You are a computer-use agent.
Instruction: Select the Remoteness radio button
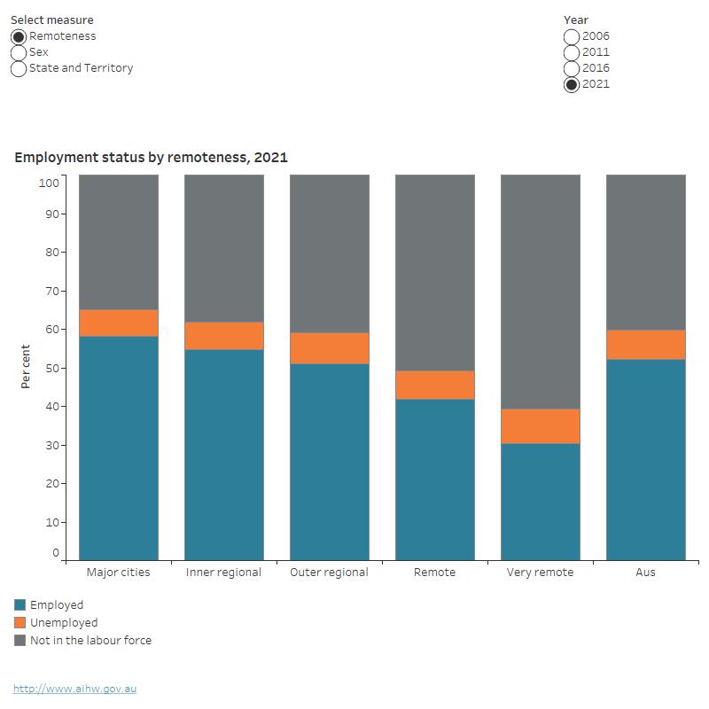tap(19, 37)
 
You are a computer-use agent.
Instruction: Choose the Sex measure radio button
tap(19, 53)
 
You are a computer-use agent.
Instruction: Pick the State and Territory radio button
tap(19, 69)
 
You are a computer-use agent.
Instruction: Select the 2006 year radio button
tap(572, 37)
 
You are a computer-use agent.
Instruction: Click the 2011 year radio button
tap(572, 53)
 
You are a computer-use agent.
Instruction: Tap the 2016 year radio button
tap(572, 69)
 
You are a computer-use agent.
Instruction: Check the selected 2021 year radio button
tap(572, 85)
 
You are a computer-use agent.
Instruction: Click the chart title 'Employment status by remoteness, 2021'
tap(151, 158)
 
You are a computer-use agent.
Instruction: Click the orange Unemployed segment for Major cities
tap(119, 323)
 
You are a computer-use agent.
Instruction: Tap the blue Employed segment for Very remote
tap(541, 502)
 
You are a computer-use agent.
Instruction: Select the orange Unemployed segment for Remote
tap(435, 385)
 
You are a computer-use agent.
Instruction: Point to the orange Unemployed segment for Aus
tap(646, 344)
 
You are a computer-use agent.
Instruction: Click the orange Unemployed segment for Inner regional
tap(224, 336)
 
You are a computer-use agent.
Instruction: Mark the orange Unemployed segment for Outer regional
tap(330, 348)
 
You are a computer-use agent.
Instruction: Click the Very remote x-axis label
tap(540, 573)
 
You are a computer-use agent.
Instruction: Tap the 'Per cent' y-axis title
tap(27, 367)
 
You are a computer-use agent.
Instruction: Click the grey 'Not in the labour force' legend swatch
tap(20, 640)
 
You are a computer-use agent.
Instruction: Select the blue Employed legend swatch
tap(20, 605)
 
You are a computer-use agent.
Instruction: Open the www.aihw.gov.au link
tap(74, 689)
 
